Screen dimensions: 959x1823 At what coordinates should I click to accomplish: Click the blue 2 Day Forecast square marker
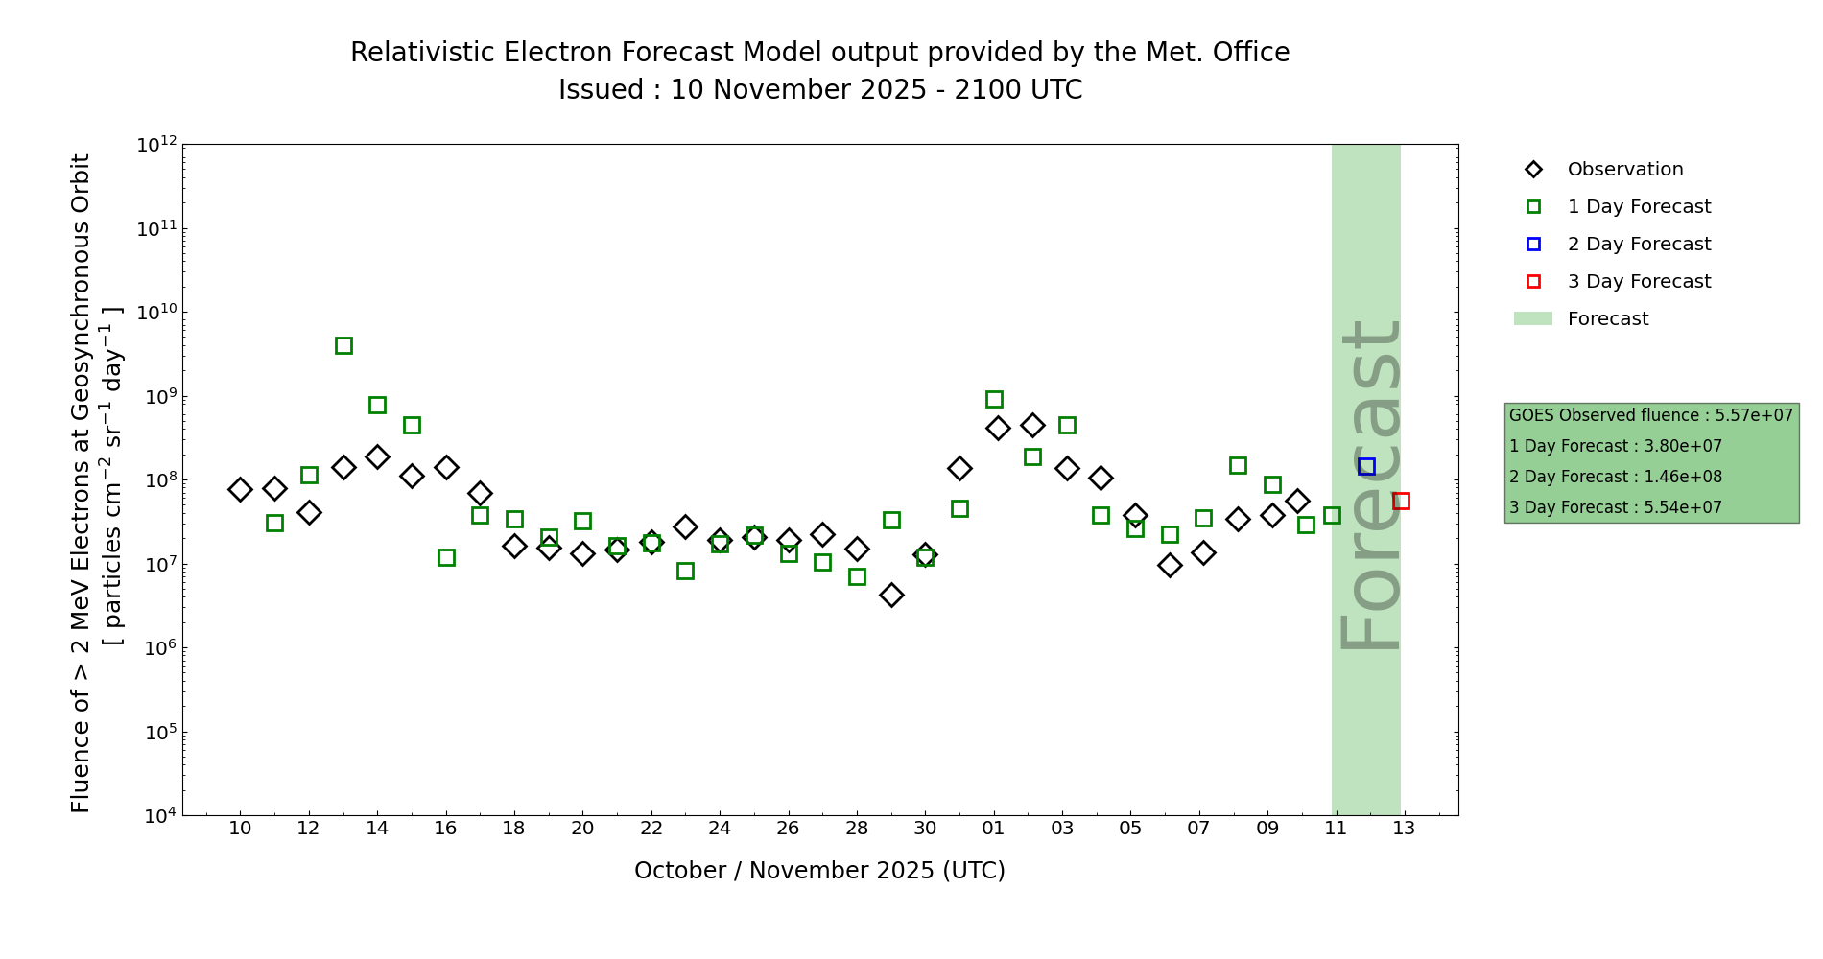pyautogui.click(x=1366, y=466)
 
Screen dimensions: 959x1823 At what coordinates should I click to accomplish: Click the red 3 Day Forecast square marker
pyautogui.click(x=1401, y=501)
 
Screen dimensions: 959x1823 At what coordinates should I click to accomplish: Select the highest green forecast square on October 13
pyautogui.click(x=343, y=345)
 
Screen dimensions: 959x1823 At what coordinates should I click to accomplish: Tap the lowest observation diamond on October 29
pyautogui.click(x=891, y=595)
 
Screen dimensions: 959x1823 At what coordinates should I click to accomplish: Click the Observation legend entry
pyautogui.click(x=1624, y=170)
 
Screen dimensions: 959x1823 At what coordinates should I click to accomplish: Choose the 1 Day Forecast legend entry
pyautogui.click(x=1638, y=207)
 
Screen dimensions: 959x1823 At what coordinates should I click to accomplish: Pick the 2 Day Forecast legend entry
pyautogui.click(x=1638, y=245)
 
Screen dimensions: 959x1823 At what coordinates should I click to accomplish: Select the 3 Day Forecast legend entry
pyautogui.click(x=1638, y=282)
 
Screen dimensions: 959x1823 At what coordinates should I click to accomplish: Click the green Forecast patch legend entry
pyautogui.click(x=1607, y=319)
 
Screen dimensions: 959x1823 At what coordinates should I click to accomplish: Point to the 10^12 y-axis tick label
pyautogui.click(x=156, y=145)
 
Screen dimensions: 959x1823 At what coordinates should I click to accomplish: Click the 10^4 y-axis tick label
pyautogui.click(x=156, y=816)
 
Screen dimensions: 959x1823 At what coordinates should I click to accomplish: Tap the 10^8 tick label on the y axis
pyautogui.click(x=156, y=480)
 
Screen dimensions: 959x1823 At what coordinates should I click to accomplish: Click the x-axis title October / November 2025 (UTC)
pyautogui.click(x=819, y=871)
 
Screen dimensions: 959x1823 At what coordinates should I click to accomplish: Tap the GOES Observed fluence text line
pyautogui.click(x=1650, y=415)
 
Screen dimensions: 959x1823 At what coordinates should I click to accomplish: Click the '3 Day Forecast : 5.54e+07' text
pyautogui.click(x=1615, y=507)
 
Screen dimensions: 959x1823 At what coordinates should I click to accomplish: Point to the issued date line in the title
pyautogui.click(x=819, y=90)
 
